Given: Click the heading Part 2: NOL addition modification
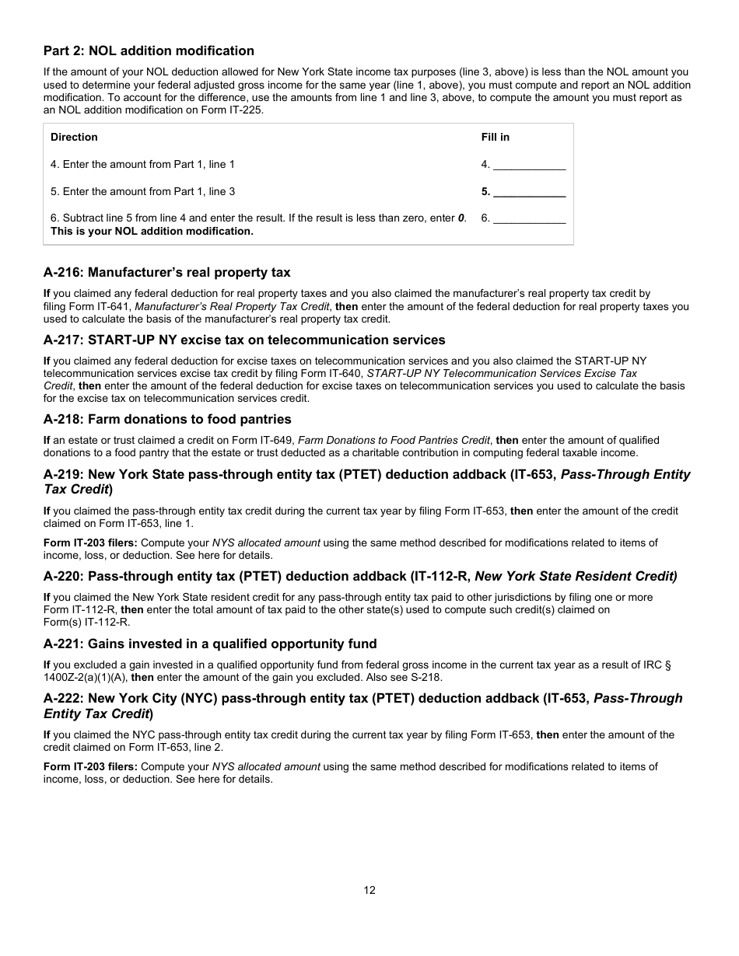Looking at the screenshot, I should [x=149, y=51].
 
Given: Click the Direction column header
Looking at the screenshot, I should [x=74, y=138].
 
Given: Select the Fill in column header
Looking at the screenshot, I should [x=495, y=138].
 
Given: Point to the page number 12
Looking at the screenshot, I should [x=369, y=890].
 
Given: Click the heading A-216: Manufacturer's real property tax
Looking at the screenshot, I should [x=166, y=273].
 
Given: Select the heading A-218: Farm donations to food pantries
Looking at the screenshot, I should [x=167, y=420].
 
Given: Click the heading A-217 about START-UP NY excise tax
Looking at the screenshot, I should [x=244, y=340].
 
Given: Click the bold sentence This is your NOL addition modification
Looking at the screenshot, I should [x=152, y=232].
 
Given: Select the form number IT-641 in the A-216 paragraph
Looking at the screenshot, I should [x=103, y=307].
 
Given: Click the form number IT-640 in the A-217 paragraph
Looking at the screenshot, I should [x=345, y=373].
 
